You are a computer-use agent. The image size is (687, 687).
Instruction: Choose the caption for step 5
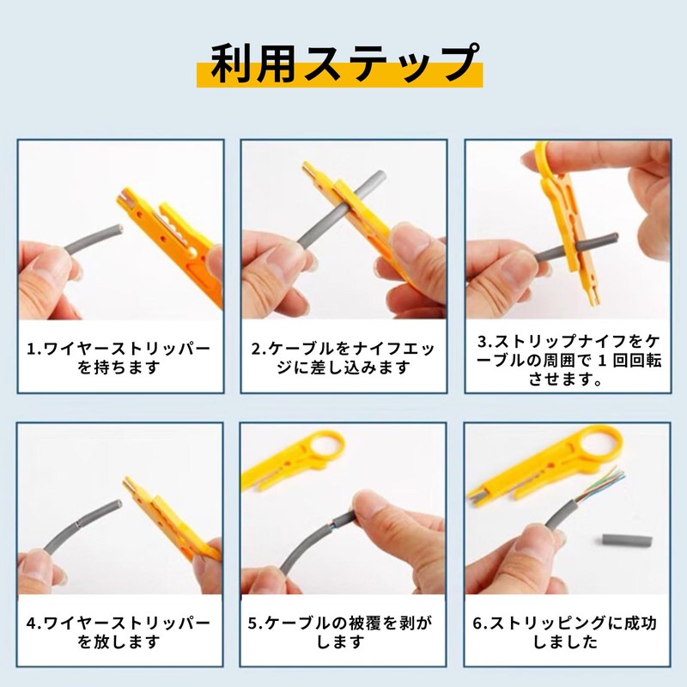[x=343, y=631]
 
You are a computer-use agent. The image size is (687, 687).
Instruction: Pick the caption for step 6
[x=568, y=631]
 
